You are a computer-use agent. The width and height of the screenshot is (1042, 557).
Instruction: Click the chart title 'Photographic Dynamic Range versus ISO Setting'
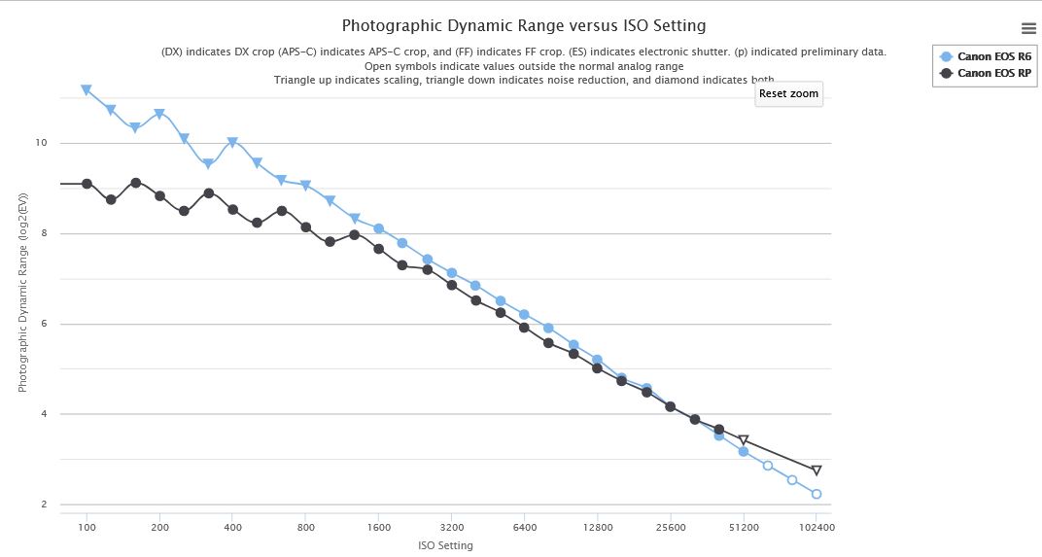coord(524,25)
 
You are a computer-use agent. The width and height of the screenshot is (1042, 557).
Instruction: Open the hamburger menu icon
coord(1028,28)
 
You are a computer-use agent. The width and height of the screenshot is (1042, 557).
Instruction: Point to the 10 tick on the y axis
coord(41,143)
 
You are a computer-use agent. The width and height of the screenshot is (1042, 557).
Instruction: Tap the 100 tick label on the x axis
coord(87,527)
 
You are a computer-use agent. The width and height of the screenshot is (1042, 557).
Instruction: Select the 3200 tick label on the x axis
coord(451,527)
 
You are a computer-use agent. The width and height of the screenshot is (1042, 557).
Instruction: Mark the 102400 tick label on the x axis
coord(816,527)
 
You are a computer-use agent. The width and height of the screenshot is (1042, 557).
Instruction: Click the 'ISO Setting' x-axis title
coord(445,545)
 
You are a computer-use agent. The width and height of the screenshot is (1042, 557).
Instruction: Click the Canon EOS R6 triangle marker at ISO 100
coord(87,90)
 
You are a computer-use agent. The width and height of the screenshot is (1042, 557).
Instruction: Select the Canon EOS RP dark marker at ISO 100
coord(87,184)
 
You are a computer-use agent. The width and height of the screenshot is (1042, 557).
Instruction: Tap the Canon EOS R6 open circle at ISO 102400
coord(816,494)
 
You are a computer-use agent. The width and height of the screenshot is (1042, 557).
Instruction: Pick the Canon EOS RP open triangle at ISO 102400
coord(816,470)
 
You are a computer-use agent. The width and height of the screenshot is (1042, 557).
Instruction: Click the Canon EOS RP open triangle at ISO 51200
coord(744,440)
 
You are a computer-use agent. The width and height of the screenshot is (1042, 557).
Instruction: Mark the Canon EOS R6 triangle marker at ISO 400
coord(232,142)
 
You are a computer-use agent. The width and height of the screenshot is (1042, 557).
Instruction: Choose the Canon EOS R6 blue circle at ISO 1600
coord(378,228)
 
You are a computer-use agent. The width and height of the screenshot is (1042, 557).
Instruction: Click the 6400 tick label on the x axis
coord(524,527)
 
